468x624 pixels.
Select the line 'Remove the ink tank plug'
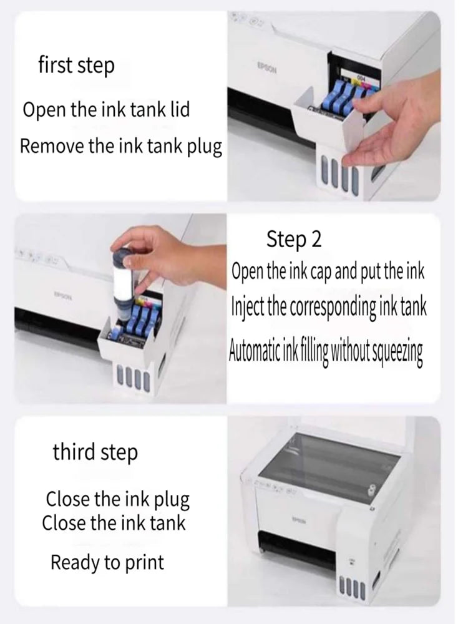point(121,147)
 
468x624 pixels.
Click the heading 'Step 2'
point(294,239)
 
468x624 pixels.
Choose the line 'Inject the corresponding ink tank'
point(329,308)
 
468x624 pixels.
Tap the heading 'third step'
point(95,452)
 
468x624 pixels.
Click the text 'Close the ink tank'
point(114,522)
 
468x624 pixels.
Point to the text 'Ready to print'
point(107,562)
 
